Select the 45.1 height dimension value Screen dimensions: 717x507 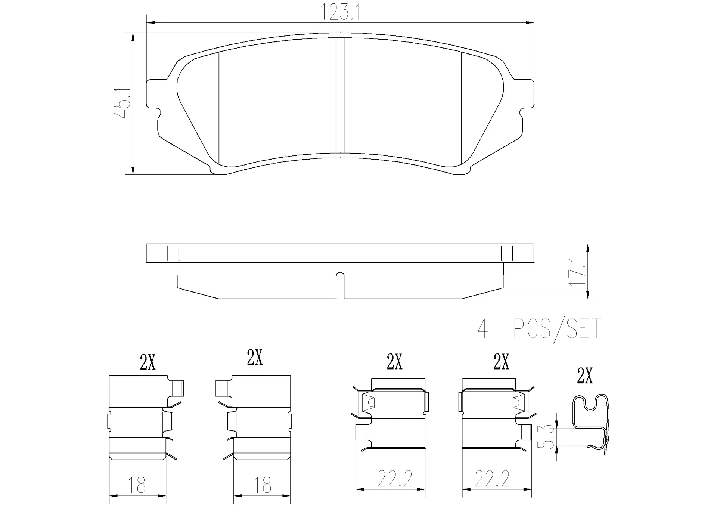[x=122, y=103]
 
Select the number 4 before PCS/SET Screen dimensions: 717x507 [x=482, y=329]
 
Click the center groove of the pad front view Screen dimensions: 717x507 [x=340, y=95]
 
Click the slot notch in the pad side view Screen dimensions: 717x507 [x=340, y=285]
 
